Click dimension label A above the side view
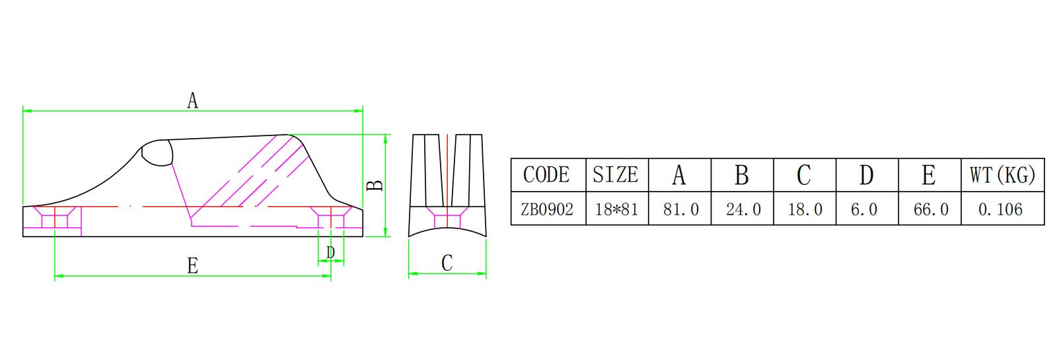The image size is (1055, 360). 192,101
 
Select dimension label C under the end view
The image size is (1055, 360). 447,264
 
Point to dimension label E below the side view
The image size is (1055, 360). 192,266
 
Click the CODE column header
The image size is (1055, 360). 547,175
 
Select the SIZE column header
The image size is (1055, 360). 616,175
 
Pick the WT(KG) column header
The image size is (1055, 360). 1002,175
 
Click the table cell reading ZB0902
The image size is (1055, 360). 547,209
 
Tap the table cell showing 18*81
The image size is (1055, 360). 616,209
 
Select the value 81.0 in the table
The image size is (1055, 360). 680,209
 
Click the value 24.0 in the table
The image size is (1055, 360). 743,209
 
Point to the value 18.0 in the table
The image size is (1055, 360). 805,209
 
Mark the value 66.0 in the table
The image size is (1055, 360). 929,209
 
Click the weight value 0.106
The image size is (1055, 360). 1001,209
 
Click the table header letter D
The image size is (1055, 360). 867,175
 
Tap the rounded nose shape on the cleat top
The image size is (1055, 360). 157,153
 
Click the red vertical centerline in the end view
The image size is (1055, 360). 447,172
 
